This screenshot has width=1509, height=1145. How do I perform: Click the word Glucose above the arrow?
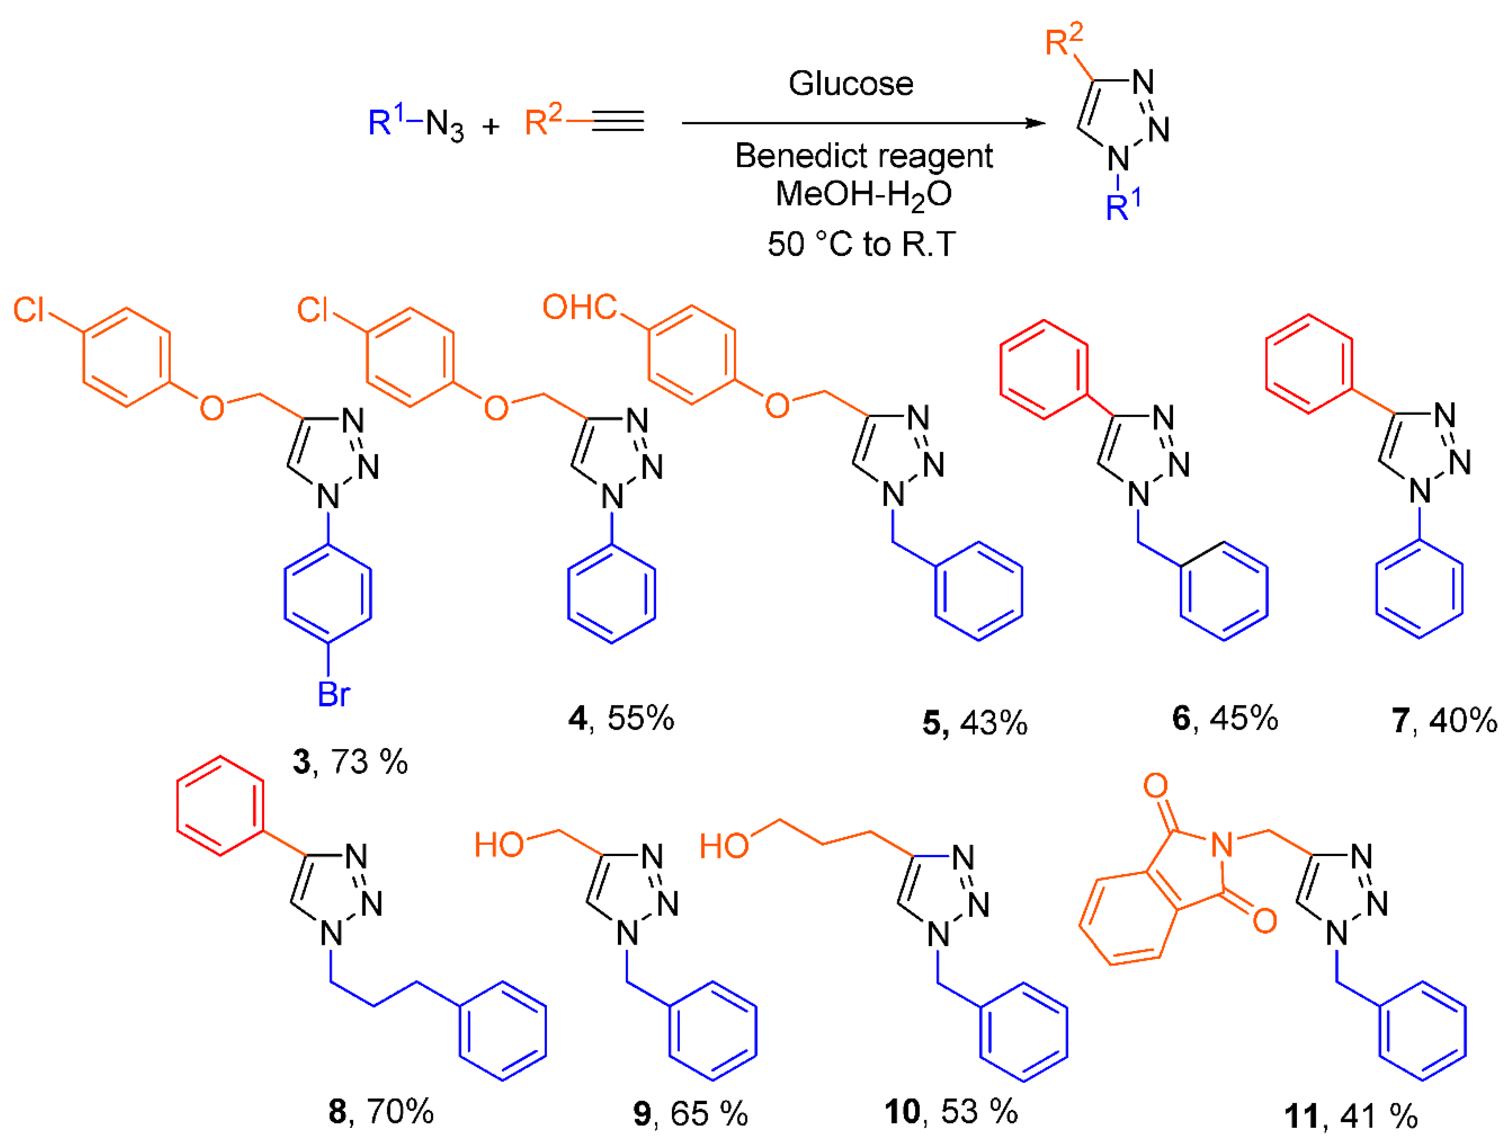point(851,84)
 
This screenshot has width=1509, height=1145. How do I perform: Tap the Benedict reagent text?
point(863,156)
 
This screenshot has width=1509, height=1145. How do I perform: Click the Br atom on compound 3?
point(333,695)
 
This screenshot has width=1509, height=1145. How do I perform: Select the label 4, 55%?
point(621,719)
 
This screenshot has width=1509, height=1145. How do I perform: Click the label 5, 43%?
point(974,723)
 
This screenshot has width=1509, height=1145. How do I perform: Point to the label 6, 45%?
point(1225,719)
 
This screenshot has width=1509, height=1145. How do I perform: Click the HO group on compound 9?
point(499,845)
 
